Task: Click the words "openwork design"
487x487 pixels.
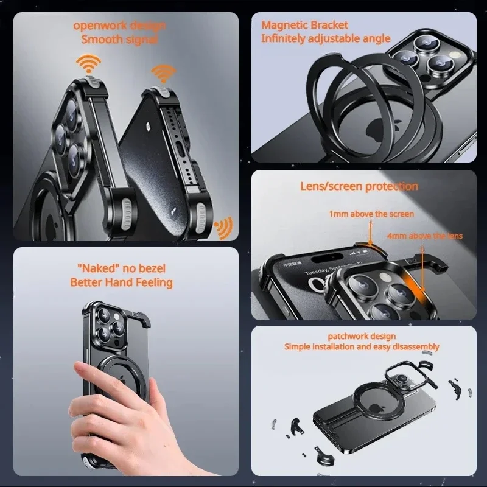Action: click(119, 26)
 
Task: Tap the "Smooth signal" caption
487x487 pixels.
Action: click(119, 40)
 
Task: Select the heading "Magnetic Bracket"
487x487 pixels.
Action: click(304, 25)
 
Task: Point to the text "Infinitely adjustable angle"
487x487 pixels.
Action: click(326, 38)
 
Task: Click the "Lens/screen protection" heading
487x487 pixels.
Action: click(359, 186)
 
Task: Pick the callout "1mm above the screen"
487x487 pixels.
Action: click(371, 214)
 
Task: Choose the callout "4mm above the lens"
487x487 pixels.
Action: click(424, 236)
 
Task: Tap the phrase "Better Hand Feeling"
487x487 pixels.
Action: click(121, 282)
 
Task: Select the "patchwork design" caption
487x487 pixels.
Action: click(362, 336)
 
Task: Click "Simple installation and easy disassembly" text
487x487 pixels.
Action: click(362, 347)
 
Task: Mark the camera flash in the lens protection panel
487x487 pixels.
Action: click(382, 278)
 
